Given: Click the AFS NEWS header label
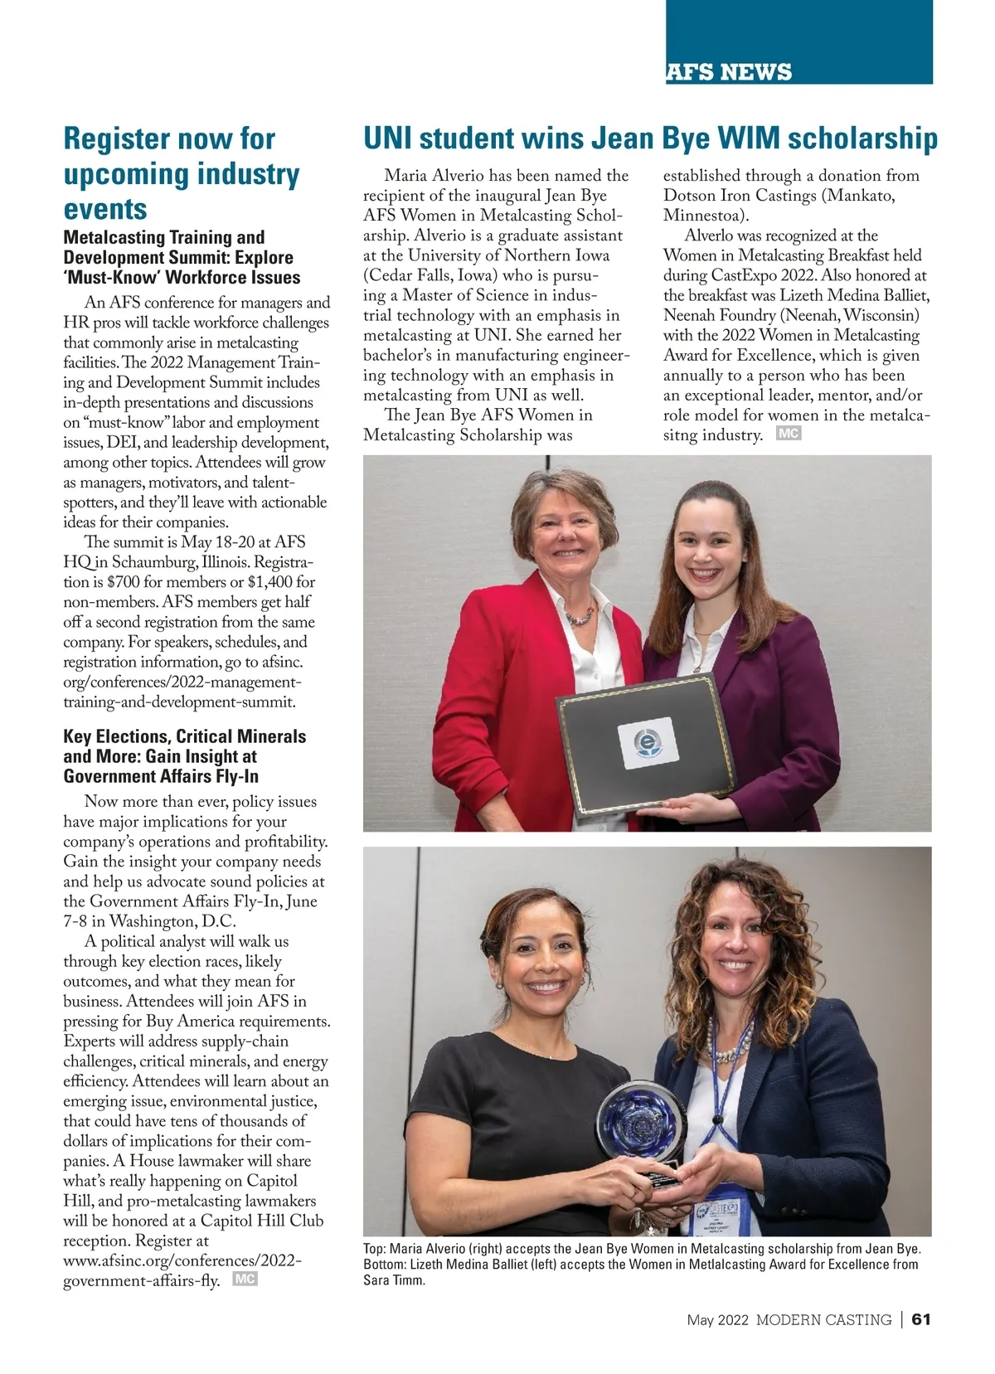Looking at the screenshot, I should (x=729, y=72).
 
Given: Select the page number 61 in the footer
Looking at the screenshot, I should (x=922, y=1319).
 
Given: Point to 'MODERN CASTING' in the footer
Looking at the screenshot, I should (x=823, y=1319).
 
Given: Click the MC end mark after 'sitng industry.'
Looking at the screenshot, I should (x=789, y=434).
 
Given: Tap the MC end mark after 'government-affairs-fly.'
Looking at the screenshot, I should (x=245, y=1279).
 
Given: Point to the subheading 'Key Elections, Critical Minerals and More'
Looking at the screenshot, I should (x=184, y=756).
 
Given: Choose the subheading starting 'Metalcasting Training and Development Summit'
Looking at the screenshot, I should (x=182, y=258).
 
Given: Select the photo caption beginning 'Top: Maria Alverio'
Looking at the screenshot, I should (x=642, y=1264).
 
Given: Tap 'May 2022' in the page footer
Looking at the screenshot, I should (x=717, y=1319).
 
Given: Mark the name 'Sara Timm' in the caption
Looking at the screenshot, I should (x=394, y=1280).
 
